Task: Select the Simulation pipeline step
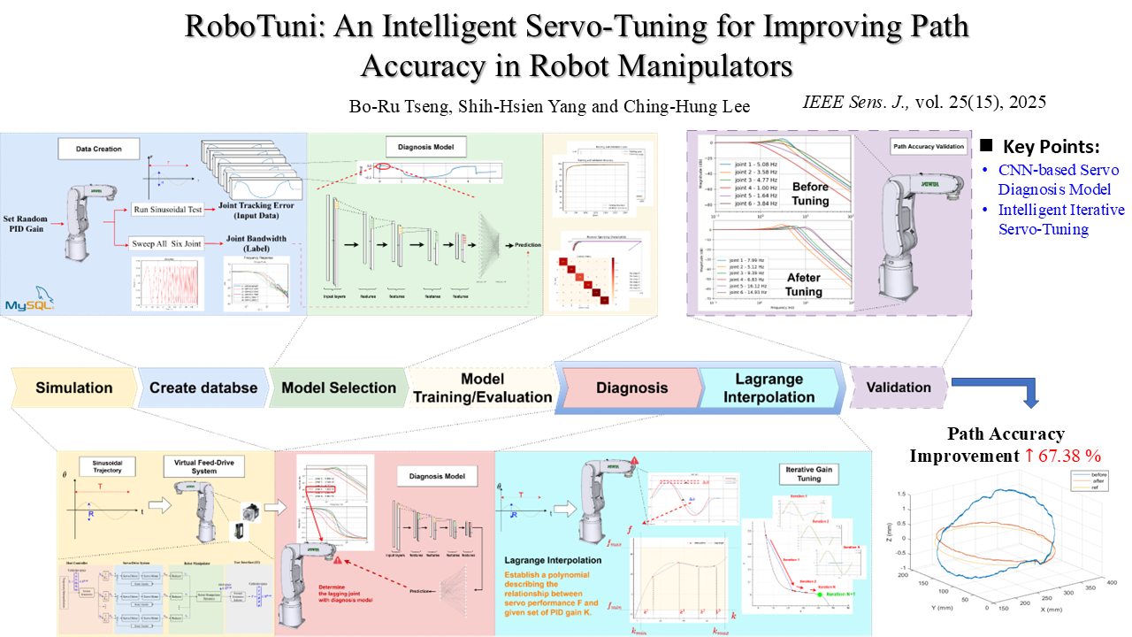tap(74, 388)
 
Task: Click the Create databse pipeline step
tap(203, 388)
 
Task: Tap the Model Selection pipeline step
tap(338, 388)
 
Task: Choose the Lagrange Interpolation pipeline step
tap(769, 388)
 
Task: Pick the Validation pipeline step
tap(898, 387)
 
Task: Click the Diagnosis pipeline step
tap(631, 388)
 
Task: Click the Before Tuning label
tap(810, 193)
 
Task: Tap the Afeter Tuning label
tap(804, 283)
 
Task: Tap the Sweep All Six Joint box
tap(167, 242)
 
